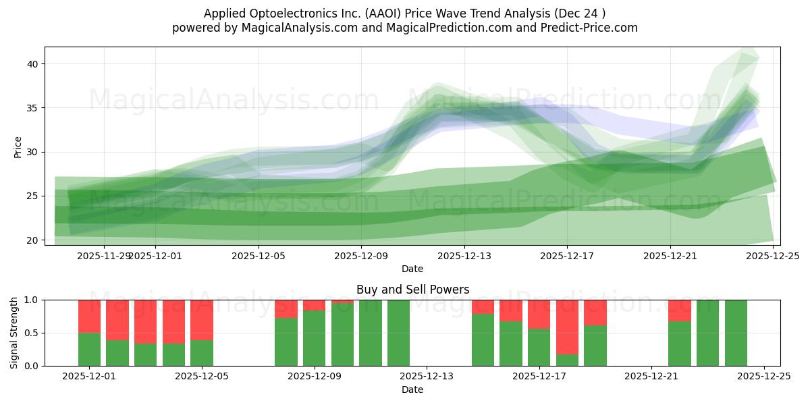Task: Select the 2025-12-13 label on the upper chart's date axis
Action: pos(464,256)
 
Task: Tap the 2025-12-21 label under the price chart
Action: pos(670,256)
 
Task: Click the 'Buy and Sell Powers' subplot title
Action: pos(412,290)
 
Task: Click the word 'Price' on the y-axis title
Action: pos(18,146)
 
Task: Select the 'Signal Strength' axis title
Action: pos(15,332)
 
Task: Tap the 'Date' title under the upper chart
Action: pos(412,269)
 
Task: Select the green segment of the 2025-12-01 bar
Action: pos(89,349)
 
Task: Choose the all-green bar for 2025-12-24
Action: pos(736,333)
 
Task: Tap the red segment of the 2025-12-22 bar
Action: pos(680,310)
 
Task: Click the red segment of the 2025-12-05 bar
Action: pos(202,320)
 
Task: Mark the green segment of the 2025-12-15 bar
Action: pos(483,340)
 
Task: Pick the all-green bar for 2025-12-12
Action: pos(398,333)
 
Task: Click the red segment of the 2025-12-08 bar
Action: pos(286,308)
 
